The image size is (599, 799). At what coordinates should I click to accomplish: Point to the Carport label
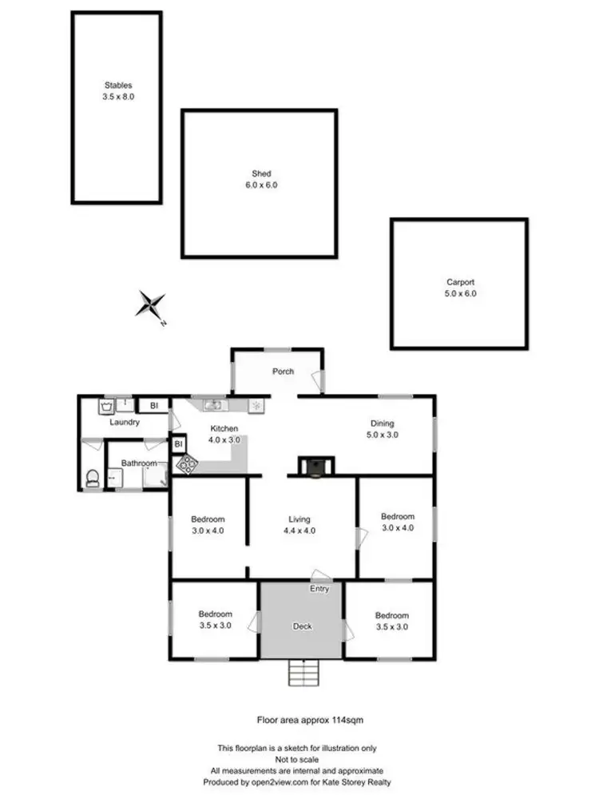point(460,282)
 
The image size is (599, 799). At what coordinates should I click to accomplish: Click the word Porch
point(284,372)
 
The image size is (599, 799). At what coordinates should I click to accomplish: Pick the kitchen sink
point(216,405)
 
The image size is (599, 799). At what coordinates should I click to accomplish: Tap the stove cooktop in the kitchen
point(187,463)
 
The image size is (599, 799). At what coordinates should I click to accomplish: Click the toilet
point(93,478)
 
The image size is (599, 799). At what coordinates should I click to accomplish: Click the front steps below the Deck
point(302,674)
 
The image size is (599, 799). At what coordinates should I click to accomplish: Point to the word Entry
point(319,589)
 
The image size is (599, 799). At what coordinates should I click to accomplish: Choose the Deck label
point(302,626)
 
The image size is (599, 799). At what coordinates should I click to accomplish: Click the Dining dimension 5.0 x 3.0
point(382,435)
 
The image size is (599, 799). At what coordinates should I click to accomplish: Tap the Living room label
point(299,519)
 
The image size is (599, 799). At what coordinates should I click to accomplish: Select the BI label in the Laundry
point(154,406)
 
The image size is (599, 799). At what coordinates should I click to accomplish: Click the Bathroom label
point(138,463)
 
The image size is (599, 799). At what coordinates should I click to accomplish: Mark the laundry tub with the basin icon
point(106,407)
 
